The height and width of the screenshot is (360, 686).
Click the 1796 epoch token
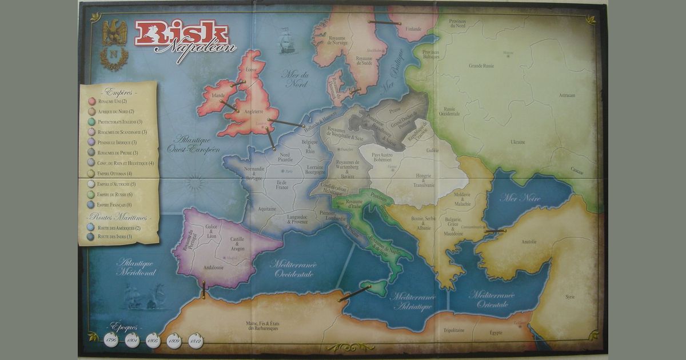[111, 340]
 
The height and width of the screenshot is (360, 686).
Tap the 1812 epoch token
[196, 341]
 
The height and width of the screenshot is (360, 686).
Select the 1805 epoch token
[153, 341]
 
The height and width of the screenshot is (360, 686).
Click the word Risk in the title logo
[182, 34]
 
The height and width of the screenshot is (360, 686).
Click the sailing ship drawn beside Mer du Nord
[287, 41]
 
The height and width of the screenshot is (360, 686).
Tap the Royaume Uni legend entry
[111, 101]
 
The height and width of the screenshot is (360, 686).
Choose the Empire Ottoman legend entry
[114, 173]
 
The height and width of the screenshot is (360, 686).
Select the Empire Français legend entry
[115, 205]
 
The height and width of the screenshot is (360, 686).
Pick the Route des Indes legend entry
[114, 236]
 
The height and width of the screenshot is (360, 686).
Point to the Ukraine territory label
[518, 141]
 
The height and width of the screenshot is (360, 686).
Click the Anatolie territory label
[528, 242]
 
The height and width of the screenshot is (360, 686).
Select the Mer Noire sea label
[520, 198]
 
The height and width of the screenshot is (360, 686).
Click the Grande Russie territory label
[481, 66]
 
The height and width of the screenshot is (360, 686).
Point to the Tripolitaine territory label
[455, 330]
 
